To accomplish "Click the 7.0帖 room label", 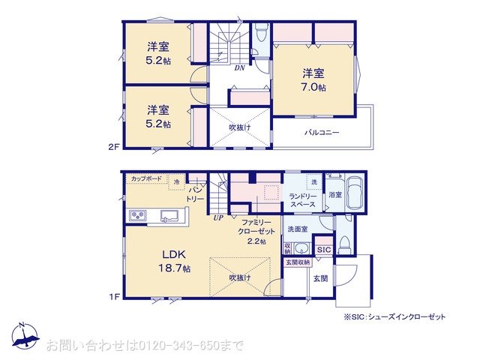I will [x=314, y=80].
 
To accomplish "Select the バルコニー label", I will [x=322, y=133].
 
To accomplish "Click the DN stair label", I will [x=239, y=67].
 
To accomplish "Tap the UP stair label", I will [x=218, y=218].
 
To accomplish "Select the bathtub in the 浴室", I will [x=353, y=194].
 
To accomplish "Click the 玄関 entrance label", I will [x=320, y=278].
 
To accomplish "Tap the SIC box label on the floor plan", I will [x=324, y=249].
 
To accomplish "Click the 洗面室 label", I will [x=298, y=229].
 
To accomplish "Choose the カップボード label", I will [x=145, y=178].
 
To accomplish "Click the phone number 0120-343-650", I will [x=181, y=345].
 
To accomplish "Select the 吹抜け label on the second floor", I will [x=239, y=127].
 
